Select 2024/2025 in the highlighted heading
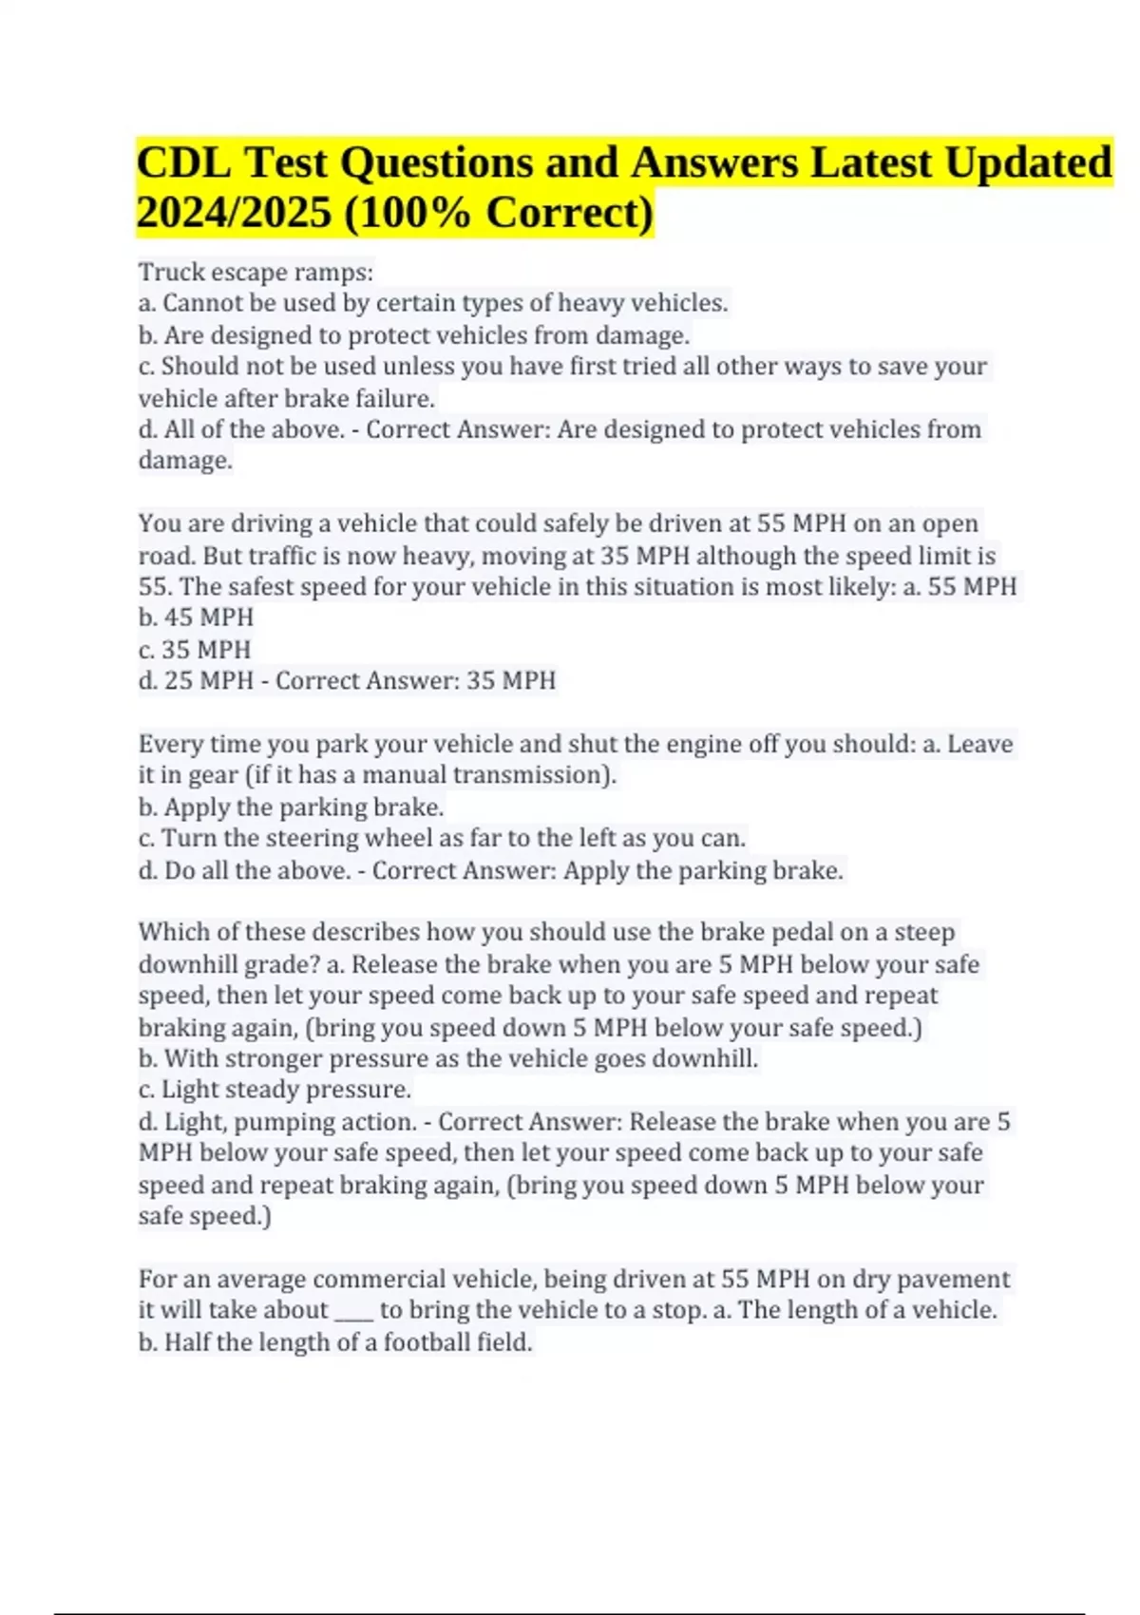click(234, 212)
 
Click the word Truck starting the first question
click(172, 273)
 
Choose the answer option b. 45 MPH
click(196, 617)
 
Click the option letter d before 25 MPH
click(146, 681)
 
